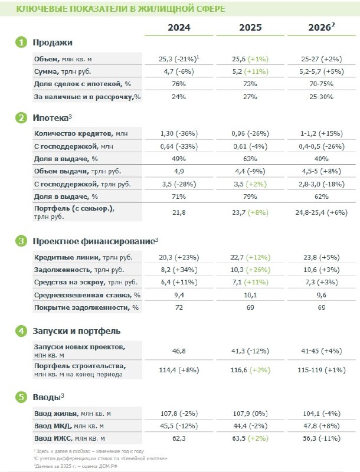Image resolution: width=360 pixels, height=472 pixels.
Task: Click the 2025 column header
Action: tap(250, 27)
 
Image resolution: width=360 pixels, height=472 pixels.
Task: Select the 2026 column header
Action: tap(322, 27)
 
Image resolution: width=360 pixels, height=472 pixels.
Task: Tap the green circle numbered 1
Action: tap(21, 42)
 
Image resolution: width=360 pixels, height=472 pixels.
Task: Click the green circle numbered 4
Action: tap(21, 331)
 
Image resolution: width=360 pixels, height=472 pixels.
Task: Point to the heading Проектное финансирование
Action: tap(94, 241)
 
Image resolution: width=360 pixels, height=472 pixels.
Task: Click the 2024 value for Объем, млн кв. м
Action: tap(179, 58)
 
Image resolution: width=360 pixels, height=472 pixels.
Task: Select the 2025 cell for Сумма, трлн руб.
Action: tap(250, 71)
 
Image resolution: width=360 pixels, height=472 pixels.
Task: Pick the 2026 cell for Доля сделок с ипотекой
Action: tap(322, 84)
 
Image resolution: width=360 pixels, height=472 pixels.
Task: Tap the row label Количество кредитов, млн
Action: tap(81, 133)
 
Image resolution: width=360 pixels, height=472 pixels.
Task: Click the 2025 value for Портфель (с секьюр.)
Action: tap(250, 212)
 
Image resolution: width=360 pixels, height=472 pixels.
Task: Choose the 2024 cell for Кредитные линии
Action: tap(179, 257)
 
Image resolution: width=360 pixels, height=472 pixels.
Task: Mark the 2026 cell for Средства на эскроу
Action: tap(322, 283)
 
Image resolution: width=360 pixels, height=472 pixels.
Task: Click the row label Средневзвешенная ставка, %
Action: tap(87, 295)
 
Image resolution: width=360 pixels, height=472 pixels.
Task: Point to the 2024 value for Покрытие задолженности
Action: tap(179, 307)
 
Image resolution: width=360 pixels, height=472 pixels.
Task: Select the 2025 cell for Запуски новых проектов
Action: tap(250, 351)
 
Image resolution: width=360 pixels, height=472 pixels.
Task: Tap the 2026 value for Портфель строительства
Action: tap(322, 370)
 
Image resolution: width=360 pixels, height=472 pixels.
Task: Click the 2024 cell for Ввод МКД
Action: tap(179, 426)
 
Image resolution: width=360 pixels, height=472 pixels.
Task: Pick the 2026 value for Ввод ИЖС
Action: tap(322, 438)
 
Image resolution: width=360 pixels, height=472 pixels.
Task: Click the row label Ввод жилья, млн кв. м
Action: tap(73, 414)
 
